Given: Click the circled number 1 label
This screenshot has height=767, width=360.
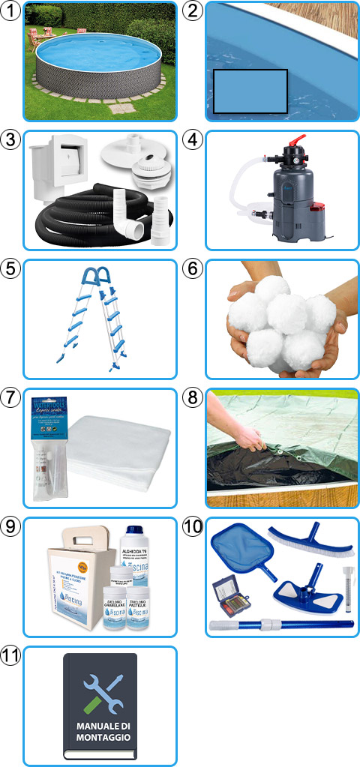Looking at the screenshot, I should click(10, 10).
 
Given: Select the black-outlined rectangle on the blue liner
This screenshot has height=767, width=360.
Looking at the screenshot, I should click(250, 91).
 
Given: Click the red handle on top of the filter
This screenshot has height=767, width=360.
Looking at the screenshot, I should click(298, 141).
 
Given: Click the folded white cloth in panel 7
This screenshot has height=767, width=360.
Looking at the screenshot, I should click(120, 450).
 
